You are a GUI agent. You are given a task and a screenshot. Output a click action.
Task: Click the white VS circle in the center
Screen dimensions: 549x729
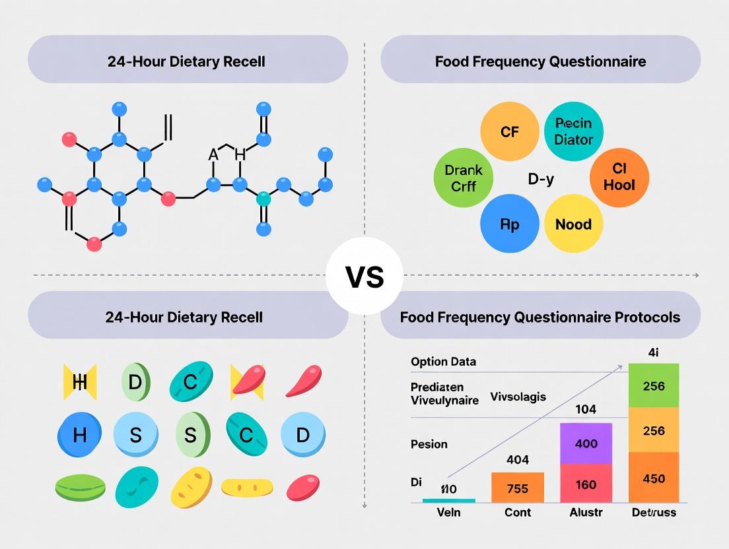[x=364, y=276]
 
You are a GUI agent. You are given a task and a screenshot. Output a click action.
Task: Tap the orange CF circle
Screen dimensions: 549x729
[x=509, y=132]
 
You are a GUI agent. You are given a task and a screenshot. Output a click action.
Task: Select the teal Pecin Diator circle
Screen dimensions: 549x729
[x=573, y=131]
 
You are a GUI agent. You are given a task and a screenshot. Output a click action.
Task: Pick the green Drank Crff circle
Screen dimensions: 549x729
[x=464, y=178]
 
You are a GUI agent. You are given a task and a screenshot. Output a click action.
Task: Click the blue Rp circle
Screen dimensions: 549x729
[x=509, y=224]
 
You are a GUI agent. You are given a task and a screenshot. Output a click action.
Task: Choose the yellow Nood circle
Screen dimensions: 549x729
[x=573, y=224]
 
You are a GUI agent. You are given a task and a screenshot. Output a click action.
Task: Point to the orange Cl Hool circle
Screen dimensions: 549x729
[x=619, y=178]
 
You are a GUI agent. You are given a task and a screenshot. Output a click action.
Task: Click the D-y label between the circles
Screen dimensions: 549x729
[x=541, y=179]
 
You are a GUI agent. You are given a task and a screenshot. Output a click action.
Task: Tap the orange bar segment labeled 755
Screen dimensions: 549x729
[x=518, y=489]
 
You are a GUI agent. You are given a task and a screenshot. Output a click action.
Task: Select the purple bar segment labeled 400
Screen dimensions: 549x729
[x=586, y=443]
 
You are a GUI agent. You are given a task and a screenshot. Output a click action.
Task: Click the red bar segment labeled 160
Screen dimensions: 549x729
[x=586, y=484]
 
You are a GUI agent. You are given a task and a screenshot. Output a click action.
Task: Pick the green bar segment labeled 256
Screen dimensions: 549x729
[x=653, y=385]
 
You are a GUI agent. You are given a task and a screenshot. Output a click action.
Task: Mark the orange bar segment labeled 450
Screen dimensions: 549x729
[x=653, y=478]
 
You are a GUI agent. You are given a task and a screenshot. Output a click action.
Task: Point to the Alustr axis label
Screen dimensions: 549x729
[x=586, y=512]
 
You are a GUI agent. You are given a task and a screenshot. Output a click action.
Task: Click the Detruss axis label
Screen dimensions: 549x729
[x=653, y=512]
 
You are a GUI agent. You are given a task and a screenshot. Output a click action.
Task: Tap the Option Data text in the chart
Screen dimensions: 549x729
[x=443, y=362]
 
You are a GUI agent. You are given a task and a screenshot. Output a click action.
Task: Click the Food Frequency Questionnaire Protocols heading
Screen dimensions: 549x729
[x=539, y=317]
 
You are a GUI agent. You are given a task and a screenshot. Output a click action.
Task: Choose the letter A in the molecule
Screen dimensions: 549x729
[x=213, y=155]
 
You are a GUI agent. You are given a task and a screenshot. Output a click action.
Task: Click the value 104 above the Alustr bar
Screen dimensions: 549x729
[x=586, y=409]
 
